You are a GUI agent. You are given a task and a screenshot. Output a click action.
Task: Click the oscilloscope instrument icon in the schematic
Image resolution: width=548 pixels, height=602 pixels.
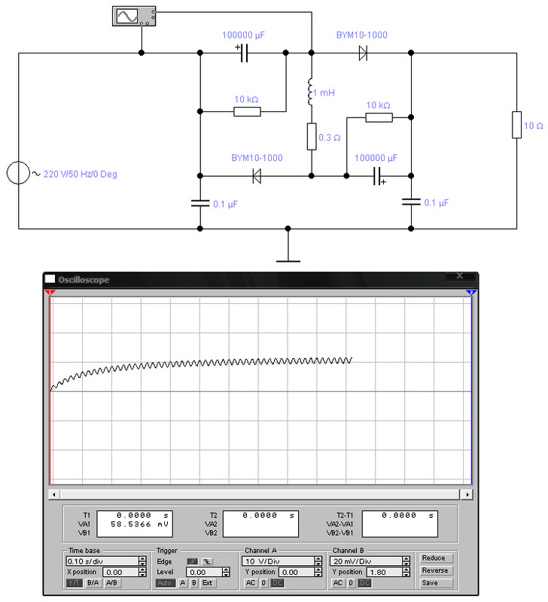click(x=134, y=16)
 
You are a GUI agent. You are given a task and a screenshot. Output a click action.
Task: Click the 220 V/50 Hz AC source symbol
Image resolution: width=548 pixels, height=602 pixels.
click(x=18, y=173)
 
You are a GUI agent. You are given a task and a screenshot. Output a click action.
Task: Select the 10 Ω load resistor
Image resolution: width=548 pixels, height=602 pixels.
click(x=516, y=125)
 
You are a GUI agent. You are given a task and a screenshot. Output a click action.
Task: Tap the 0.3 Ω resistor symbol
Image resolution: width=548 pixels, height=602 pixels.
click(x=312, y=137)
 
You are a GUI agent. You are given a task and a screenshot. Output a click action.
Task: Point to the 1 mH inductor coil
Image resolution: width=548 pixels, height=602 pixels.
click(x=310, y=92)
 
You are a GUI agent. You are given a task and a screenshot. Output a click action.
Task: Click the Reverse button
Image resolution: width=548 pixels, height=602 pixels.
click(x=435, y=570)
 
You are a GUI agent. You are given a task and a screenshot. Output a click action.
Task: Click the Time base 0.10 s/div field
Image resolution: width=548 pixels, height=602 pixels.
click(x=102, y=561)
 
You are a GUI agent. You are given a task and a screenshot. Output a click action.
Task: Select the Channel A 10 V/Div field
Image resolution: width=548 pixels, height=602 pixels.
click(x=278, y=561)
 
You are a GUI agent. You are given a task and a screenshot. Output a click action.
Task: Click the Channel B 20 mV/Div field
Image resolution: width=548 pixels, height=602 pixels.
click(x=366, y=561)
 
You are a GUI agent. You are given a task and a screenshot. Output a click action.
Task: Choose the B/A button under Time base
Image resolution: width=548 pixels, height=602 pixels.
click(x=93, y=582)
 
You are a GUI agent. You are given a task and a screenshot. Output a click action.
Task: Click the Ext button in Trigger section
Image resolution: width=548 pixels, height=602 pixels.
click(x=207, y=582)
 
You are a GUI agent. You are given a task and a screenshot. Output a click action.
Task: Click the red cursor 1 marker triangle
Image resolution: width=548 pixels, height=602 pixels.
click(x=50, y=293)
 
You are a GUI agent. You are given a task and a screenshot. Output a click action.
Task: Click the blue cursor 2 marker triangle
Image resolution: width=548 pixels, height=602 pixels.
click(x=471, y=293)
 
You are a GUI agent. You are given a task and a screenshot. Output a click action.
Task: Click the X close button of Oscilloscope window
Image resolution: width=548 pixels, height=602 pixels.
click(x=460, y=275)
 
